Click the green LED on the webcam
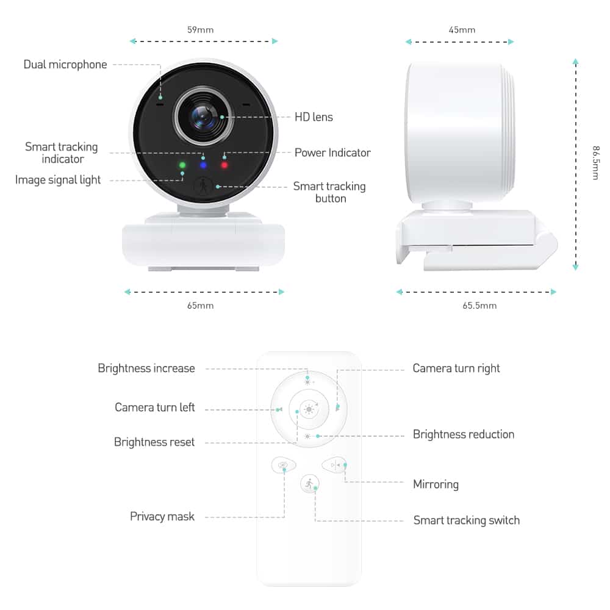coord(182,165)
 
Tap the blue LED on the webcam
coord(203,165)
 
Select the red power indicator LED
coord(224,165)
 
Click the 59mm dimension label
coord(200,29)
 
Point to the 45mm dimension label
coord(462,29)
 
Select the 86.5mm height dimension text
coord(595,162)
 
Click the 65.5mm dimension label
coord(479,306)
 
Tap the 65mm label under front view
coord(200,306)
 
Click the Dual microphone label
coord(65,65)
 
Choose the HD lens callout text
coord(314,117)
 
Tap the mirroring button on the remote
coord(334,465)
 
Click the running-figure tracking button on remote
coord(309,484)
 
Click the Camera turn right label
coord(456,368)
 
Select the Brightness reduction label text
coord(463,434)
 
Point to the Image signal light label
coord(58,180)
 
